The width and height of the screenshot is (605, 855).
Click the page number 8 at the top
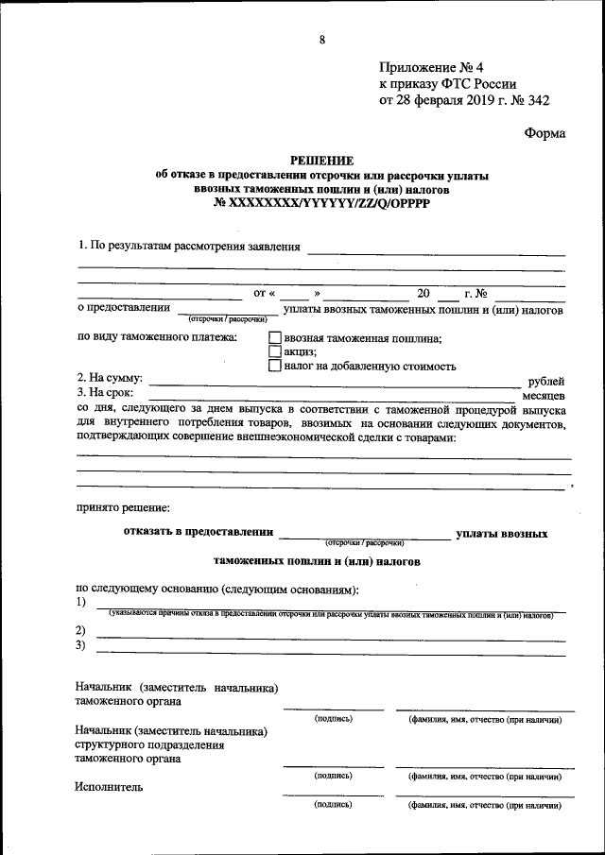[x=322, y=40]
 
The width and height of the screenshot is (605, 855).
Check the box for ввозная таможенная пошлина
[x=274, y=337]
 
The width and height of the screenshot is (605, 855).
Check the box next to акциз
[x=274, y=351]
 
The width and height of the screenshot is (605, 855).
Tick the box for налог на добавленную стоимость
[x=274, y=366]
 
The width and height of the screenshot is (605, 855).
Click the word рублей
[x=545, y=381]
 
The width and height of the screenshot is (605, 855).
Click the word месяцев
[x=544, y=395]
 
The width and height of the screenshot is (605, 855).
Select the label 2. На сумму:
[x=110, y=378]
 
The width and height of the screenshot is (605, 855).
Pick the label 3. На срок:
[x=106, y=392]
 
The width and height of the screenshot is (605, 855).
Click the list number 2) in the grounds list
[x=80, y=630]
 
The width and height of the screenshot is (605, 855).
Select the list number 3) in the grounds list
[x=80, y=645]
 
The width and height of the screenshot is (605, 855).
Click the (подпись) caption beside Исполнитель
[x=333, y=804]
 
